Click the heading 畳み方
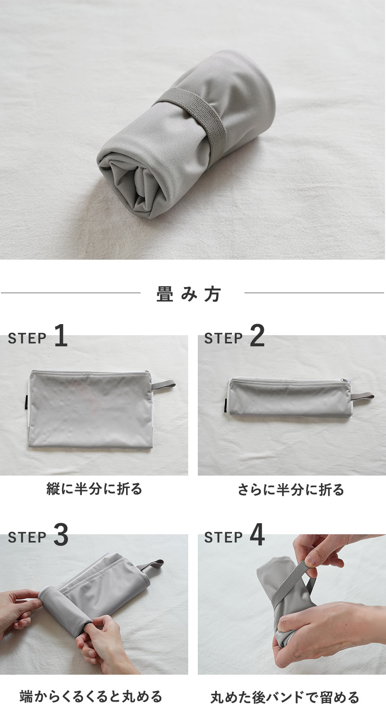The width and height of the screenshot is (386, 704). (x=189, y=294)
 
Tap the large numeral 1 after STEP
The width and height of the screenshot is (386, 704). (x=61, y=336)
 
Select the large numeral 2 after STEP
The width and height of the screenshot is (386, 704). (x=257, y=336)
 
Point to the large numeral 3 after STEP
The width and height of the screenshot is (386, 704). (x=61, y=535)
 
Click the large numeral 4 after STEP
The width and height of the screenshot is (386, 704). (x=257, y=535)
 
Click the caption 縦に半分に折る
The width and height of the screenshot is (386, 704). (x=94, y=489)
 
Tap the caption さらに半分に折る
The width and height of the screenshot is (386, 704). (x=291, y=490)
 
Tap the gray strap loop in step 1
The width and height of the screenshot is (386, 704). (x=164, y=385)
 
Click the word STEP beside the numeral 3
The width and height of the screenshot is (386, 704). (x=27, y=538)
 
